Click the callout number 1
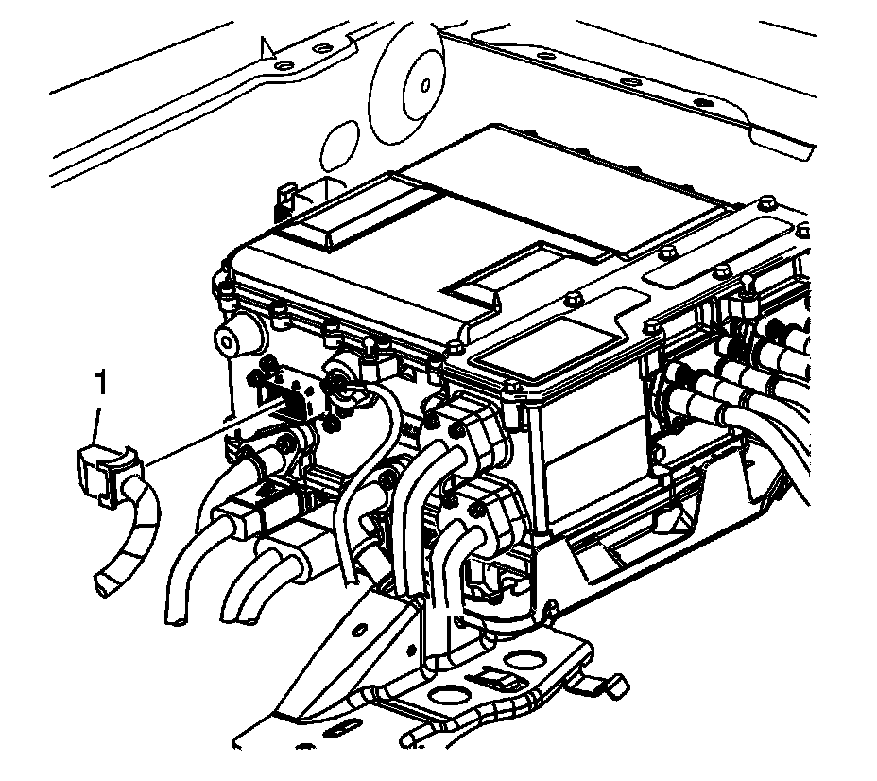pyautogui.click(x=101, y=383)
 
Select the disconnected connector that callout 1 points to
pyautogui.click(x=109, y=472)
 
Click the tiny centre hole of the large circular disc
pyautogui.click(x=425, y=85)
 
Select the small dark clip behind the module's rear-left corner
pyautogui.click(x=286, y=200)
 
